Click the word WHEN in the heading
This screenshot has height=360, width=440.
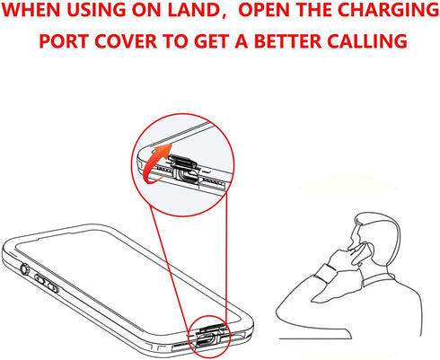[31, 10]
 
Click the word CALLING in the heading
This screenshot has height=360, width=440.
[367, 41]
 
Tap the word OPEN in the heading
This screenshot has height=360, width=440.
[264, 10]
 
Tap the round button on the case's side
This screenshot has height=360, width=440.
[24, 269]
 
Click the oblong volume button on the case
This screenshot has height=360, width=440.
[47, 283]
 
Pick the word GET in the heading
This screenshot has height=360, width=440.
[211, 41]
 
